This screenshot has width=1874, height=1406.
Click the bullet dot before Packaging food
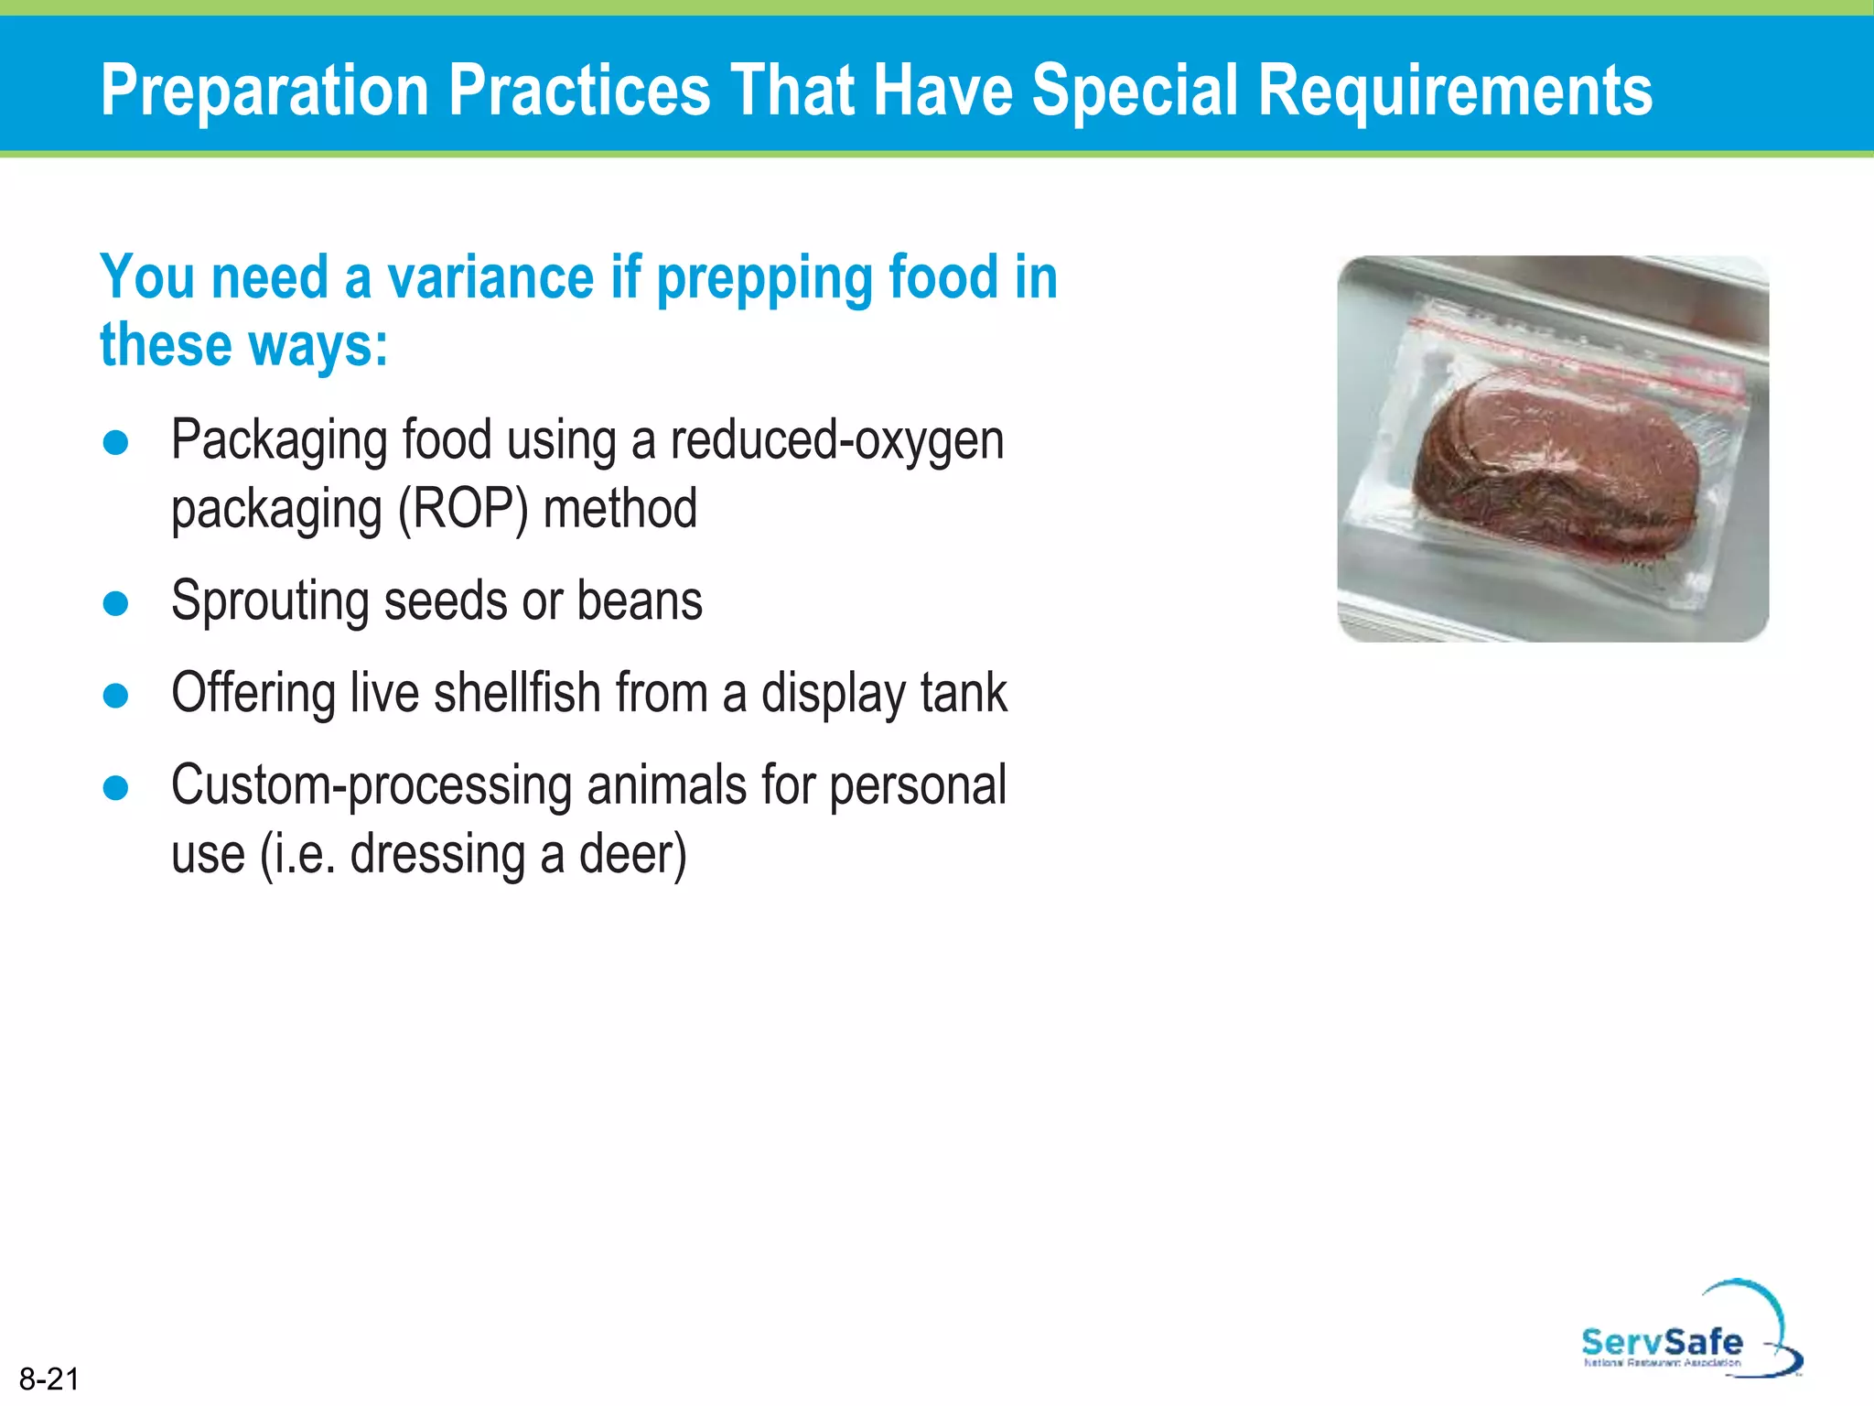tap(116, 443)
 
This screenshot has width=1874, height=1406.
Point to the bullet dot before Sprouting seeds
tap(116, 604)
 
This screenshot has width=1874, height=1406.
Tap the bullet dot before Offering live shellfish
tap(116, 696)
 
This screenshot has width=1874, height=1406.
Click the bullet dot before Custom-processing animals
tap(116, 788)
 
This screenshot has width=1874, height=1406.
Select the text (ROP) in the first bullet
tap(462, 510)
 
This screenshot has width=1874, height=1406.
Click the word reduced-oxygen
tap(836, 440)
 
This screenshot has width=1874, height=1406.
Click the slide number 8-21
tap(49, 1379)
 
